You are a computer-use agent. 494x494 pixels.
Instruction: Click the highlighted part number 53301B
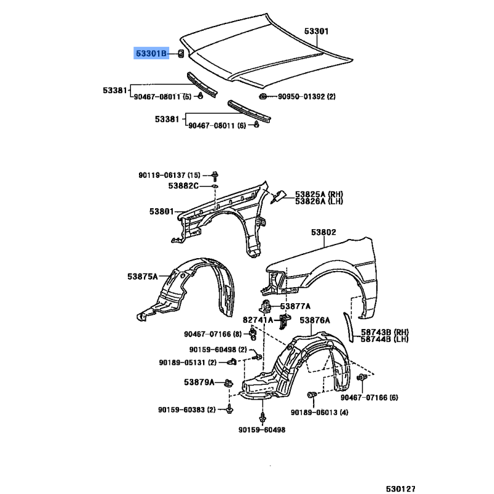(x=151, y=54)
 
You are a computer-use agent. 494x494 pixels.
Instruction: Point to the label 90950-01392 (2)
(x=306, y=96)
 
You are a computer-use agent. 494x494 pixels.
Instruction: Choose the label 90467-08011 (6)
(x=217, y=125)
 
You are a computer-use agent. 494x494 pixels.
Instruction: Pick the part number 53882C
(x=185, y=186)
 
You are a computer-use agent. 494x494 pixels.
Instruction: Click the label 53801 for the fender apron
(x=161, y=211)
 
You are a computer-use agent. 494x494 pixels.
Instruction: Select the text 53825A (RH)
(x=318, y=194)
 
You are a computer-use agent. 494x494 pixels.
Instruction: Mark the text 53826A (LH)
(x=318, y=201)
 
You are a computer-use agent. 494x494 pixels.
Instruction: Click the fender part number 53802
(x=323, y=233)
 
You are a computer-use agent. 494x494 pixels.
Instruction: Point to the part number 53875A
(x=143, y=275)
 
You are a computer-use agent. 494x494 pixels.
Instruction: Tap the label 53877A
(x=295, y=306)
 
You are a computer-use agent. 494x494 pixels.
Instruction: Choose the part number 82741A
(x=257, y=320)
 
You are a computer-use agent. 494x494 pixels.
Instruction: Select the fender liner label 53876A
(x=315, y=320)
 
